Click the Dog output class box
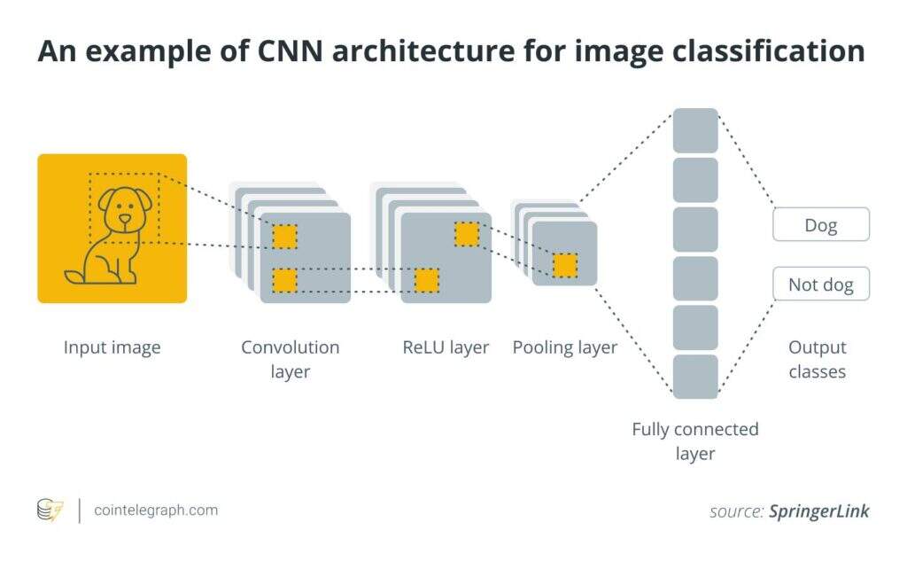[x=820, y=225]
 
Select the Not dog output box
[x=820, y=284]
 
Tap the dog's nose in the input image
[x=124, y=218]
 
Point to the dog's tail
[x=74, y=277]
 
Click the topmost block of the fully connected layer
[x=695, y=130]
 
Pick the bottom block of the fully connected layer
[x=695, y=377]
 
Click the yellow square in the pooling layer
[x=565, y=265]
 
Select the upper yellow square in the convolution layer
[x=284, y=237]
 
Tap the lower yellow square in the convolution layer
[x=284, y=280]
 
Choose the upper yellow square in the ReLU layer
[x=467, y=234]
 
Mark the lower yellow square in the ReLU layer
[x=427, y=280]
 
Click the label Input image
[x=112, y=347]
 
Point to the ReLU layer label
[x=446, y=347]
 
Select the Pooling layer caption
[x=564, y=347]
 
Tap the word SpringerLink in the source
[x=818, y=511]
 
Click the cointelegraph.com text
[x=155, y=510]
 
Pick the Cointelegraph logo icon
[x=50, y=510]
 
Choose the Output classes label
[x=817, y=359]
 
